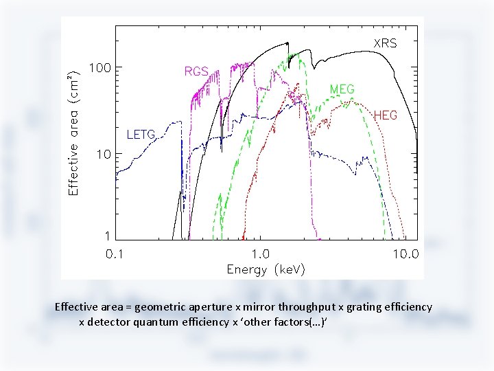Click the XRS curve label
[x=384, y=43]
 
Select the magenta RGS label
[x=196, y=71]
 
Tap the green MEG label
[x=342, y=89]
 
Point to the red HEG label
[x=385, y=115]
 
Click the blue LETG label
[x=141, y=133]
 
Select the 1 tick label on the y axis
[x=106, y=236]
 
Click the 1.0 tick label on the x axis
[x=261, y=254]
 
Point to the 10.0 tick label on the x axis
[x=405, y=254]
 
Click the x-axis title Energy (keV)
[x=266, y=269]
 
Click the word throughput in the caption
[x=298, y=307]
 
